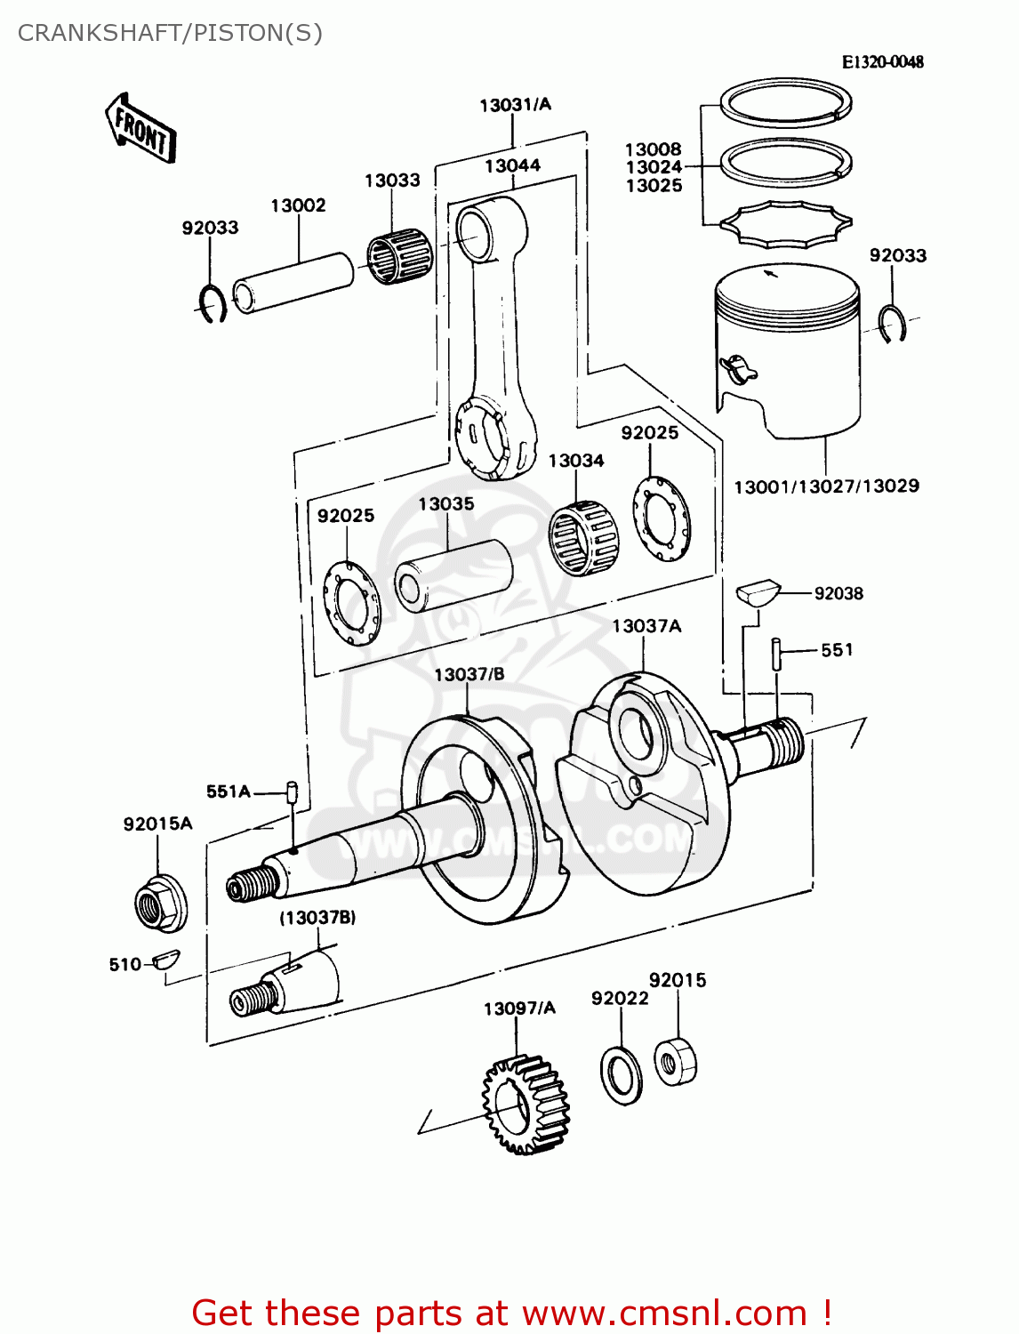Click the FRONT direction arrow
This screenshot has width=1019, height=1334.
[x=140, y=129]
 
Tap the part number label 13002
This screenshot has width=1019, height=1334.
[x=298, y=205]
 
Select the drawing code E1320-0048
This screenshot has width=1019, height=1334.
[x=882, y=61]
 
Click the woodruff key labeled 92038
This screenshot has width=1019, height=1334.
[x=758, y=593]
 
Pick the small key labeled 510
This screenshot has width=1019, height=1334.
[x=165, y=960]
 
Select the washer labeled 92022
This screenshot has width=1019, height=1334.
[x=621, y=1075]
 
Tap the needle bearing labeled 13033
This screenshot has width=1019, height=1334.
[x=400, y=256]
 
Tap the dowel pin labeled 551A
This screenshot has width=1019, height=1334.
[x=291, y=791]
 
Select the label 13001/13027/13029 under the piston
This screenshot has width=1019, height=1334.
[x=826, y=486]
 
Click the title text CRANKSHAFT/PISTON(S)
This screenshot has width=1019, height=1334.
[x=170, y=33]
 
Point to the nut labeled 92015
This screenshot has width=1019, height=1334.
[x=676, y=1061]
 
